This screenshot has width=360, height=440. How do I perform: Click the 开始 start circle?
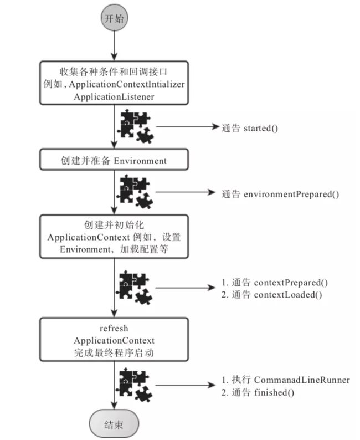coord(114,18)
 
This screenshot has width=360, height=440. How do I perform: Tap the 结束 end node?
coord(114,424)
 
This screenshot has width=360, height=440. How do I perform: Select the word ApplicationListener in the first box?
coord(114,97)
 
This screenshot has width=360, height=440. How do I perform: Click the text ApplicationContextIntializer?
coord(127,84)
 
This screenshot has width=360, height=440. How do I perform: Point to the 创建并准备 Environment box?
coord(114,160)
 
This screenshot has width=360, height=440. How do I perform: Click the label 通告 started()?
coord(250,128)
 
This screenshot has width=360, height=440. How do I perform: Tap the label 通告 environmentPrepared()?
coord(280,194)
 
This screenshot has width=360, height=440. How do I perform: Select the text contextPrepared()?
coord(291,283)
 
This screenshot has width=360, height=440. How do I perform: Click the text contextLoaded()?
coord(288,295)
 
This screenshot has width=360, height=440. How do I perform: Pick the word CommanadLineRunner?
coord(302,380)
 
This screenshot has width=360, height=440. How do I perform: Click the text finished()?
coord(274,392)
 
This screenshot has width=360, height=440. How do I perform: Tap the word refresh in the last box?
coord(114,328)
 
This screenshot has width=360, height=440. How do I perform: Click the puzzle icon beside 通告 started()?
coord(136,127)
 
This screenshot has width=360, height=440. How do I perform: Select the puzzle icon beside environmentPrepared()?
coord(135,192)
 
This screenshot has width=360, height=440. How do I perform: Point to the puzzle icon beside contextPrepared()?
coord(135,288)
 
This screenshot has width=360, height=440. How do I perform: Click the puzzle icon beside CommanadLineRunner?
coord(135,385)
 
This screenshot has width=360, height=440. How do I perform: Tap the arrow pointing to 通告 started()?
coord(188,127)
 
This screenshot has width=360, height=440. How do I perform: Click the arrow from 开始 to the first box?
coord(114,46)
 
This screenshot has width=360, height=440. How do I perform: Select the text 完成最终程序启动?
coord(114,353)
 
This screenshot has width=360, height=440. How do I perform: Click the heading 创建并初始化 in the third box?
coord(114,225)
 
